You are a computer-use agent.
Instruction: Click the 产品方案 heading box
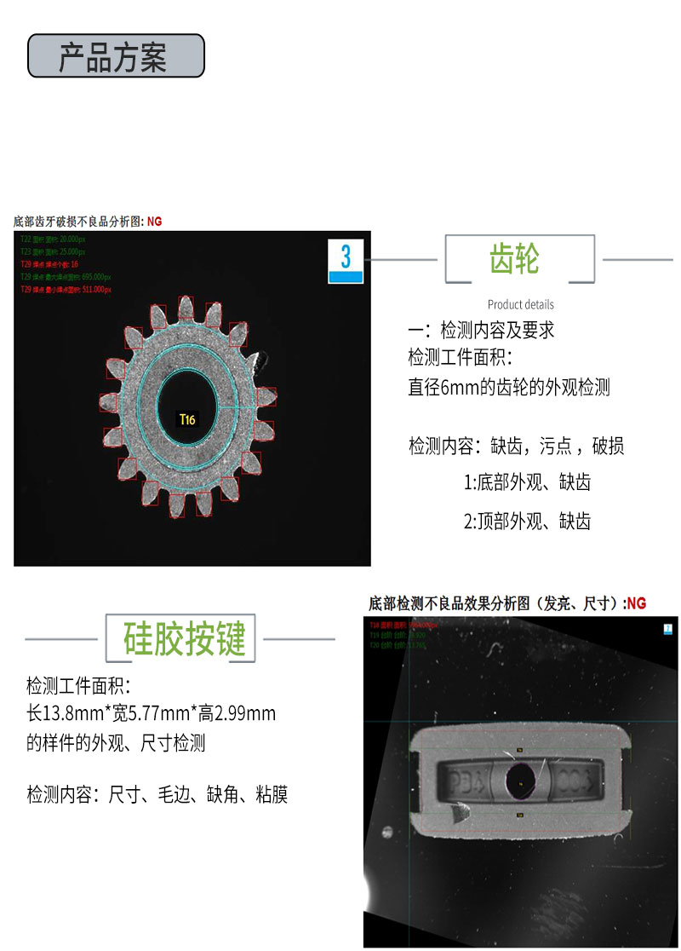tap(116, 56)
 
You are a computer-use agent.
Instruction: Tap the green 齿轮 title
tap(515, 258)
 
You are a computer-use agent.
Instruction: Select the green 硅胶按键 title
tap(185, 638)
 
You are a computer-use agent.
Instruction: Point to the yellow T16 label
tap(186, 419)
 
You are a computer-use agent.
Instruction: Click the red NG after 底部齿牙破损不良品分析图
tap(154, 222)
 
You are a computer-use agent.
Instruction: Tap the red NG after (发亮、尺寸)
tap(636, 603)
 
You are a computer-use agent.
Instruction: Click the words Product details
tap(520, 304)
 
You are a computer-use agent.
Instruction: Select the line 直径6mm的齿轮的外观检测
tap(508, 388)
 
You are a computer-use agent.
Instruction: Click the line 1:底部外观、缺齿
tap(527, 483)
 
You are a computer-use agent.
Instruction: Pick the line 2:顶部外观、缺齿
tap(527, 522)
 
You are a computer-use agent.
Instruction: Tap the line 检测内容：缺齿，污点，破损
tap(516, 446)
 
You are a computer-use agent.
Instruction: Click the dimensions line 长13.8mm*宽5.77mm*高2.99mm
tap(152, 713)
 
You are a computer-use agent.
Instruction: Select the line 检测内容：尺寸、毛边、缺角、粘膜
tap(157, 795)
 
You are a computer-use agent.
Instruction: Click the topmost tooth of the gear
tap(186, 309)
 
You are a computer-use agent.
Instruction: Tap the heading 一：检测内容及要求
tap(481, 331)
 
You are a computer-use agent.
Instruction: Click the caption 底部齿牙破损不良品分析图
tap(78, 222)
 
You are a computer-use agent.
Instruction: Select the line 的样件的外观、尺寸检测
tap(116, 743)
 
